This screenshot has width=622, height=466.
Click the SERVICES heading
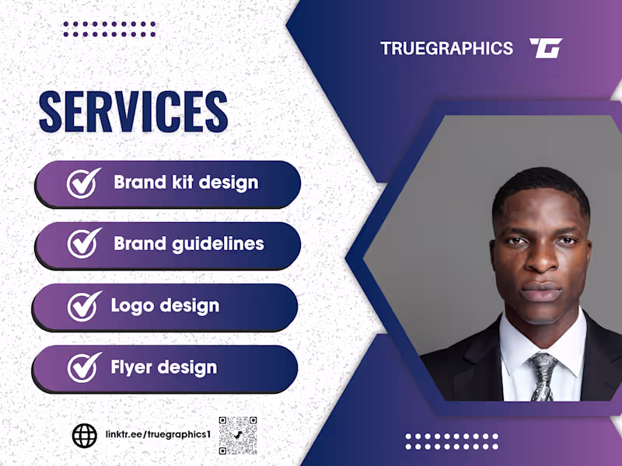(133, 111)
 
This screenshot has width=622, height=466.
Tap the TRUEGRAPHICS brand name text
(446, 48)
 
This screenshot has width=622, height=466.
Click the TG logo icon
(546, 48)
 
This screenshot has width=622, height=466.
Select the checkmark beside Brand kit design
(83, 183)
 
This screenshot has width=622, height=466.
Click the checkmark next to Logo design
(83, 305)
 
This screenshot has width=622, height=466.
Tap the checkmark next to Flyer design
(83, 367)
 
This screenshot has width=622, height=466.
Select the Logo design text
(165, 305)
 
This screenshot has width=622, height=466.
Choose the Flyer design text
(163, 367)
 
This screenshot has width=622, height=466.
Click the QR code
(237, 436)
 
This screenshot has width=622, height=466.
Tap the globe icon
(84, 436)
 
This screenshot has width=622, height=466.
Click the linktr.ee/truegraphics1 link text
(157, 432)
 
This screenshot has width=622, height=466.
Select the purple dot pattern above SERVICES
(109, 29)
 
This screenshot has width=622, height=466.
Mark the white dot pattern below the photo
(452, 441)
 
